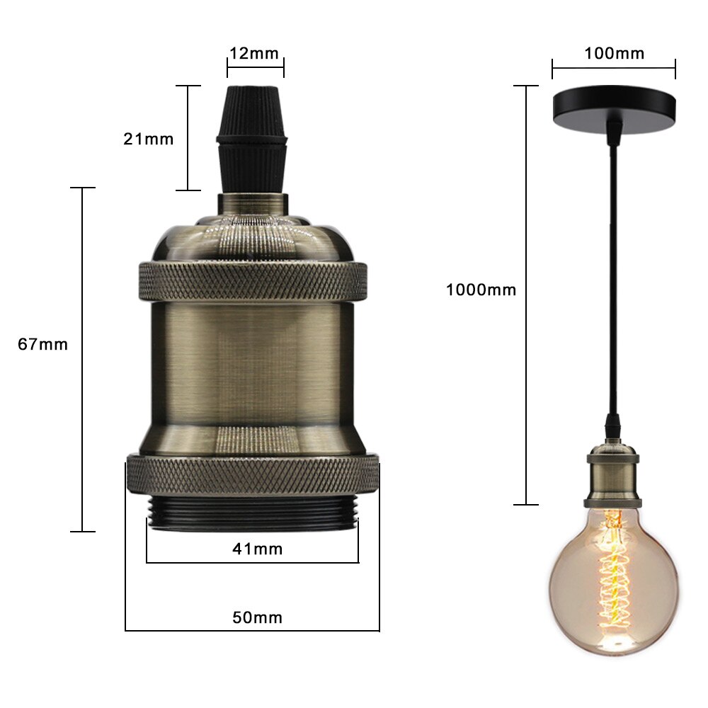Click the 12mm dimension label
tap(253, 53)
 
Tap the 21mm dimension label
tap(148, 139)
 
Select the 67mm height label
tap(43, 345)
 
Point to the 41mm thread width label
tap(257, 549)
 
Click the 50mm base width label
tap(257, 617)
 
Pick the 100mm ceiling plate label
tap(615, 53)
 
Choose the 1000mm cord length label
tap(481, 290)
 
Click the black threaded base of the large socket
tap(253, 514)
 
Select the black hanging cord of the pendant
tap(612, 283)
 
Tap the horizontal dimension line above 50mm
tap(253, 630)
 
